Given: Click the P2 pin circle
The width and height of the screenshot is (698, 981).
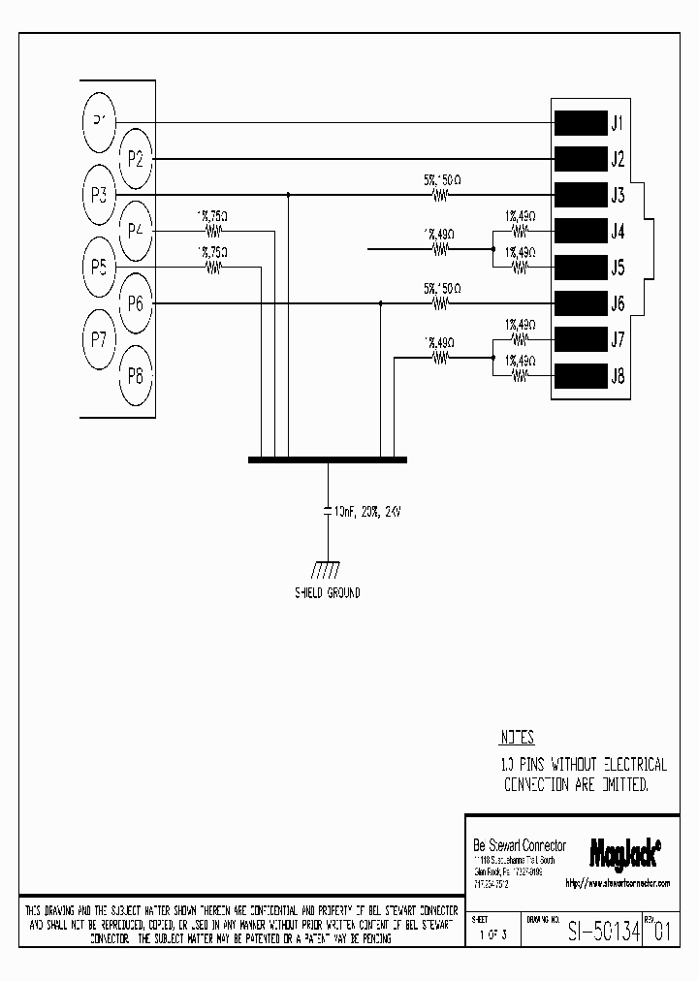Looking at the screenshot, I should click(x=135, y=158).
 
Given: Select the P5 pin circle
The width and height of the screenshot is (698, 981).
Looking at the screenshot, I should click(x=98, y=266).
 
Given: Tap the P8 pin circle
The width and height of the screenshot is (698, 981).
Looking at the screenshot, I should click(x=135, y=376).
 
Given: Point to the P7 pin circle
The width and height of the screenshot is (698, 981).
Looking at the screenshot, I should click(x=98, y=338).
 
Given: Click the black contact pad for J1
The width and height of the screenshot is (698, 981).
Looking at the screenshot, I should click(x=579, y=123).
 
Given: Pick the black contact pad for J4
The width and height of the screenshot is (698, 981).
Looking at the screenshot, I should click(x=579, y=231).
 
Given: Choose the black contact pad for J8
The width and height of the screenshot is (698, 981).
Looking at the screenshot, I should click(x=579, y=375).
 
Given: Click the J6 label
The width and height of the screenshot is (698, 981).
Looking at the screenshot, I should click(x=618, y=303).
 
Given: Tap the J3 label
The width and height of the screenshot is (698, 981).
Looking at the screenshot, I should click(x=618, y=195).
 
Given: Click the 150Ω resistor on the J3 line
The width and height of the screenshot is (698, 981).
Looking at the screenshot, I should click(x=441, y=195).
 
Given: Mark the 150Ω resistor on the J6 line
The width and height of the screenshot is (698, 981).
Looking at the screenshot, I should click(x=441, y=303).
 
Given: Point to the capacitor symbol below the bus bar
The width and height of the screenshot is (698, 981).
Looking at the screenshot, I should click(x=327, y=511).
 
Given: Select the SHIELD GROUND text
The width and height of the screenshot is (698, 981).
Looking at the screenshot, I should click(x=327, y=592).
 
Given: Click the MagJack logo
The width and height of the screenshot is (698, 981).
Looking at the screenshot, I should click(x=625, y=850).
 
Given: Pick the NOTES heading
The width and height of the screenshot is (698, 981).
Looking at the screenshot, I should click(x=517, y=738).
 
